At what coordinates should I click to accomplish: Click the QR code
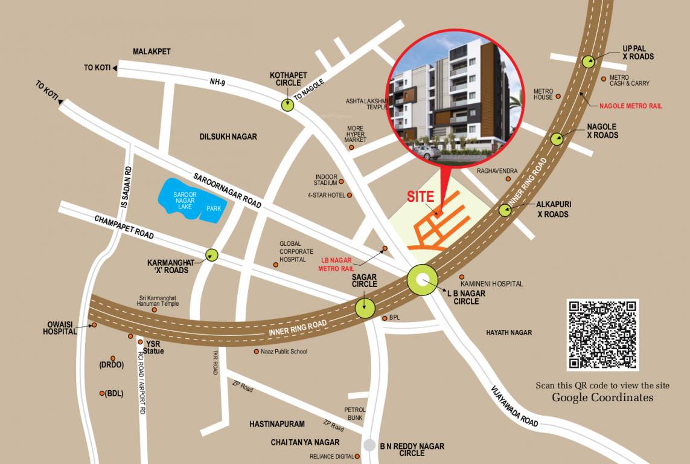click(x=602, y=334)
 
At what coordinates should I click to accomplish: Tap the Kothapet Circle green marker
click(x=287, y=105)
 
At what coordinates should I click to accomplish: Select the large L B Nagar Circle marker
click(x=423, y=280)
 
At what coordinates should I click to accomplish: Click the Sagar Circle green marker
click(x=365, y=308)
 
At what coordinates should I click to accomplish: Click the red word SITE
click(x=421, y=196)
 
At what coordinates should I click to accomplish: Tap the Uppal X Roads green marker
click(x=588, y=60)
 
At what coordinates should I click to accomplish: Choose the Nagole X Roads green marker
click(x=557, y=139)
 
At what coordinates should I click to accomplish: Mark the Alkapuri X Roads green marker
click(x=505, y=210)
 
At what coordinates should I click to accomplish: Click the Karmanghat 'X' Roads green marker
click(x=211, y=255)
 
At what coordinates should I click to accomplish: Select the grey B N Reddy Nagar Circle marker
click(x=369, y=445)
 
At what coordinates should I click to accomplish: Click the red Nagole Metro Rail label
click(x=630, y=106)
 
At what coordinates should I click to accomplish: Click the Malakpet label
click(x=152, y=52)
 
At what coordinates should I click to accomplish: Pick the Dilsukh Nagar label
click(x=228, y=137)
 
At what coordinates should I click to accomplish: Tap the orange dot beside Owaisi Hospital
click(x=94, y=326)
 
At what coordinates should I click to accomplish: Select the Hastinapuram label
click(x=277, y=424)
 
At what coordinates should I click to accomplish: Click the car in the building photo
click(x=427, y=153)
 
